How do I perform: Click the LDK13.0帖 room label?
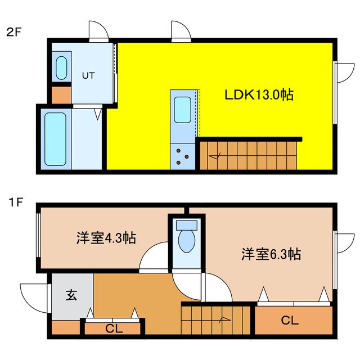258,95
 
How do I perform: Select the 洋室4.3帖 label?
106,238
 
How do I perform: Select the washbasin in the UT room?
61,67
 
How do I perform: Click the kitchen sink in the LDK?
182,109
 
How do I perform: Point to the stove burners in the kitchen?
182,155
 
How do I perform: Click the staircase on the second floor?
247,154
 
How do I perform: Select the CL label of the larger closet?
289,321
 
